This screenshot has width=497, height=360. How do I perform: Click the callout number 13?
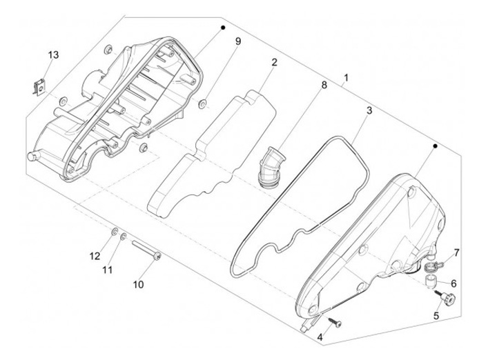pyautogui.click(x=53, y=55)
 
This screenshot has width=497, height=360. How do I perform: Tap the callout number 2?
pyautogui.click(x=274, y=62)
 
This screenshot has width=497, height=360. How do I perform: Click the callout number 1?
pyautogui.click(x=345, y=78)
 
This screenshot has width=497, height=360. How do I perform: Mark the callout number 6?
pyautogui.click(x=454, y=283)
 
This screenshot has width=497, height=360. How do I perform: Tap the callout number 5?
pyautogui.click(x=436, y=315)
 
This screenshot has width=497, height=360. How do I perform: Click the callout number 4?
pyautogui.click(x=320, y=337)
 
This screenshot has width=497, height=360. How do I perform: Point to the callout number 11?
pyautogui.click(x=106, y=270)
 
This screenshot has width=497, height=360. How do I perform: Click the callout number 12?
pyautogui.click(x=95, y=256)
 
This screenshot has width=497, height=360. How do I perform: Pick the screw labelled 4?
pyautogui.click(x=336, y=321)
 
